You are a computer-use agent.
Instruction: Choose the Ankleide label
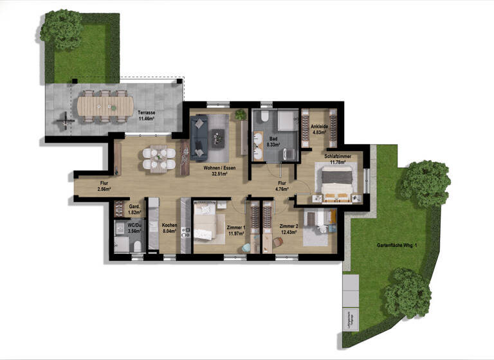[320, 129]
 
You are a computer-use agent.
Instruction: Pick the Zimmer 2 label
[289, 229]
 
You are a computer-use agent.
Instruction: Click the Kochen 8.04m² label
[170, 228]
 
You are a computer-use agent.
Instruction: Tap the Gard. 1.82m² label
[134, 209]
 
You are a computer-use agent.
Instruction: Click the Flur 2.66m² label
[104, 186]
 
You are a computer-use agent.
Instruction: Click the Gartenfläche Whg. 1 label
[398, 246]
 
